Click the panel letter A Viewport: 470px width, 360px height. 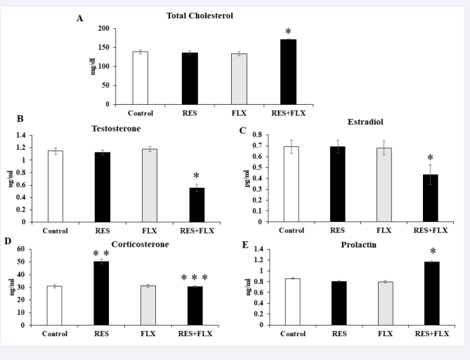pos(80,18)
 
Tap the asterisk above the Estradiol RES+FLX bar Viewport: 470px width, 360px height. pos(430,158)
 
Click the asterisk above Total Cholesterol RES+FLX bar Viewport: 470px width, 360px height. pos(288,32)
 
